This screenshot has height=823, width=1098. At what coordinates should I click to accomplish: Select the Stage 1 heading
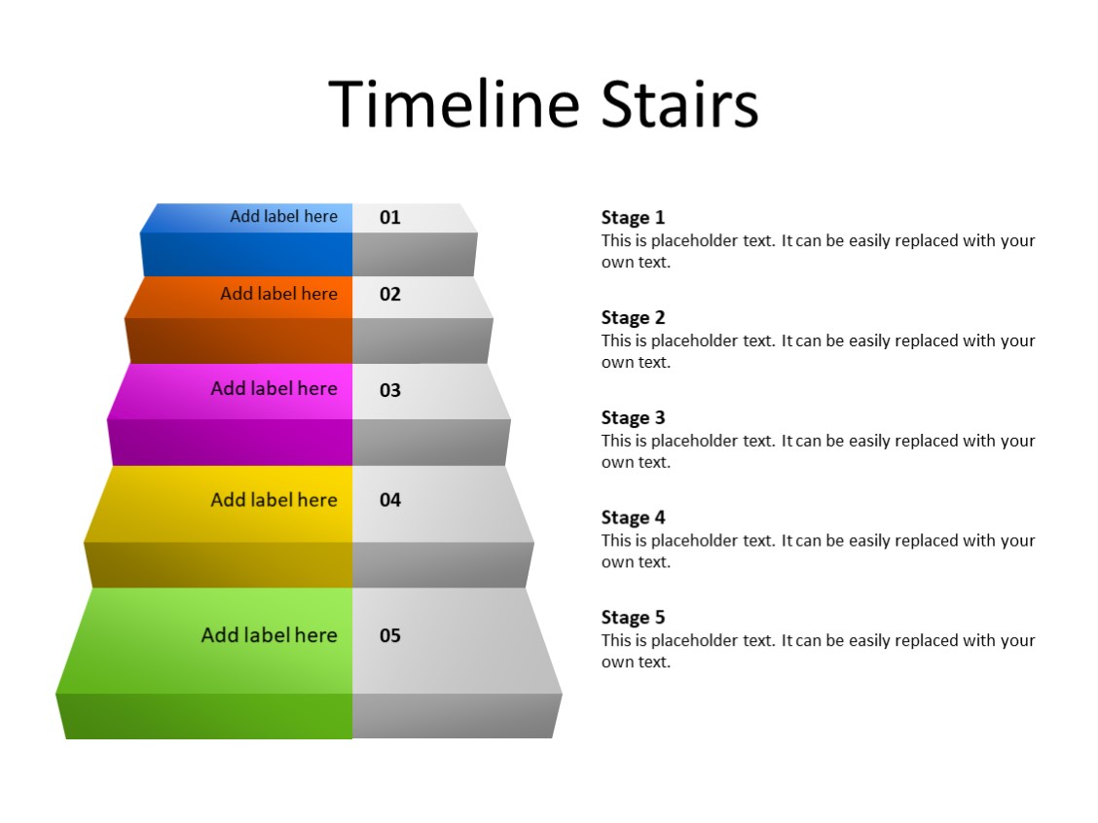(x=633, y=218)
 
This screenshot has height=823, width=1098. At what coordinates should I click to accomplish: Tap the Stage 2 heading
(x=633, y=318)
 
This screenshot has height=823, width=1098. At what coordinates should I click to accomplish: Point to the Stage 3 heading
(x=633, y=418)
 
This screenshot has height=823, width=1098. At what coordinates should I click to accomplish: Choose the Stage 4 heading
(x=633, y=519)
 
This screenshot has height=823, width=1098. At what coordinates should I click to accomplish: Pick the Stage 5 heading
(x=633, y=618)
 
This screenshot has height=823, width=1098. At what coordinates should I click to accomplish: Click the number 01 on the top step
(x=390, y=218)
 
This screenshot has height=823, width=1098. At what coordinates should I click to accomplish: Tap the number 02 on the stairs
(x=390, y=295)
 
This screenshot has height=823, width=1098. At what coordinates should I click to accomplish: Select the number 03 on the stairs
(x=390, y=391)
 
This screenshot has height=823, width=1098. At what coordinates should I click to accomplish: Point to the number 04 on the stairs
(x=390, y=500)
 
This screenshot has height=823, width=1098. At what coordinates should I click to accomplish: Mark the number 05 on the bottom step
(x=390, y=636)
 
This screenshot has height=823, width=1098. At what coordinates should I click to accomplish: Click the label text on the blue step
(x=283, y=217)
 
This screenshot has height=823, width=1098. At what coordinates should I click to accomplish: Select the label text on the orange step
(x=278, y=294)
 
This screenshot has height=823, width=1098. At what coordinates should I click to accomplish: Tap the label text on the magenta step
(x=274, y=389)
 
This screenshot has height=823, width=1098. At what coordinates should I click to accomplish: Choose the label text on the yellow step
(x=274, y=500)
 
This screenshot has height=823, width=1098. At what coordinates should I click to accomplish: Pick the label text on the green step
(x=269, y=635)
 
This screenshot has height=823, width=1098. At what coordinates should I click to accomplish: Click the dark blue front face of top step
(x=246, y=255)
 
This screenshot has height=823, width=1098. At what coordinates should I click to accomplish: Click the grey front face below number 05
(x=456, y=716)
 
